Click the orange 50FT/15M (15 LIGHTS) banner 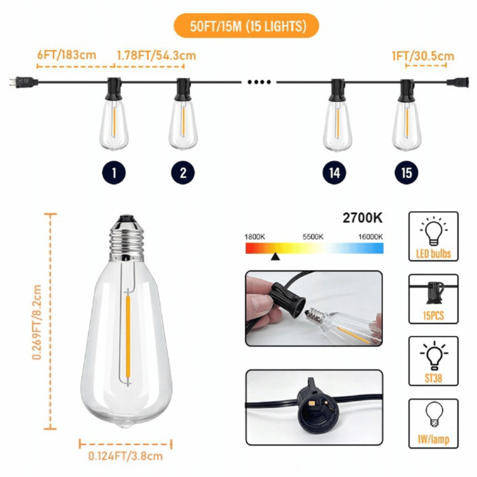pos(246,26)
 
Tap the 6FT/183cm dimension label pos(67,55)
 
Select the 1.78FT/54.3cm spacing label pos(156,56)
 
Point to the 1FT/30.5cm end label pos(423,56)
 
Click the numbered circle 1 pos(114,173)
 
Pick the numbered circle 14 pos(334,173)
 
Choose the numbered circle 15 pos(406,173)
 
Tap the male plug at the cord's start pos(24,82)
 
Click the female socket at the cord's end pos(457,82)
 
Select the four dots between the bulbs pos(259,82)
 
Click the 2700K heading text pos(363,218)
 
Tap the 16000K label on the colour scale pos(370,237)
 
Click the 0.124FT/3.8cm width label pos(125,456)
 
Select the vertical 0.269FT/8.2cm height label pos(37,322)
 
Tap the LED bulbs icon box pos(433,237)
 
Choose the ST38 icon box pos(433,361)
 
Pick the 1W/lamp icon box pos(433,424)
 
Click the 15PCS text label pos(433,315)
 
